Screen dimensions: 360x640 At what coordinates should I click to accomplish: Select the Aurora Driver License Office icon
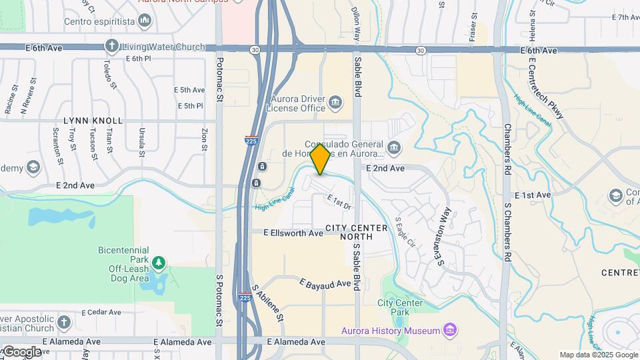pos(334,102)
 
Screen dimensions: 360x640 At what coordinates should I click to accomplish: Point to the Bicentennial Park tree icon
pos(158,261)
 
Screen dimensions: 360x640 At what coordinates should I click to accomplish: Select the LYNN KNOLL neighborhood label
pos(93,121)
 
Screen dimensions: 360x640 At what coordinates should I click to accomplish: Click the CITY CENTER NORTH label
pos(356,232)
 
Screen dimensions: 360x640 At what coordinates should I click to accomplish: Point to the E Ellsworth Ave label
pos(293,233)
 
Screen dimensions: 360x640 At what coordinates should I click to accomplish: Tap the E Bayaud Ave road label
pos(325,284)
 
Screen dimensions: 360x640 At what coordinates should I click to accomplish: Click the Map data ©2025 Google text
pos(599,355)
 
